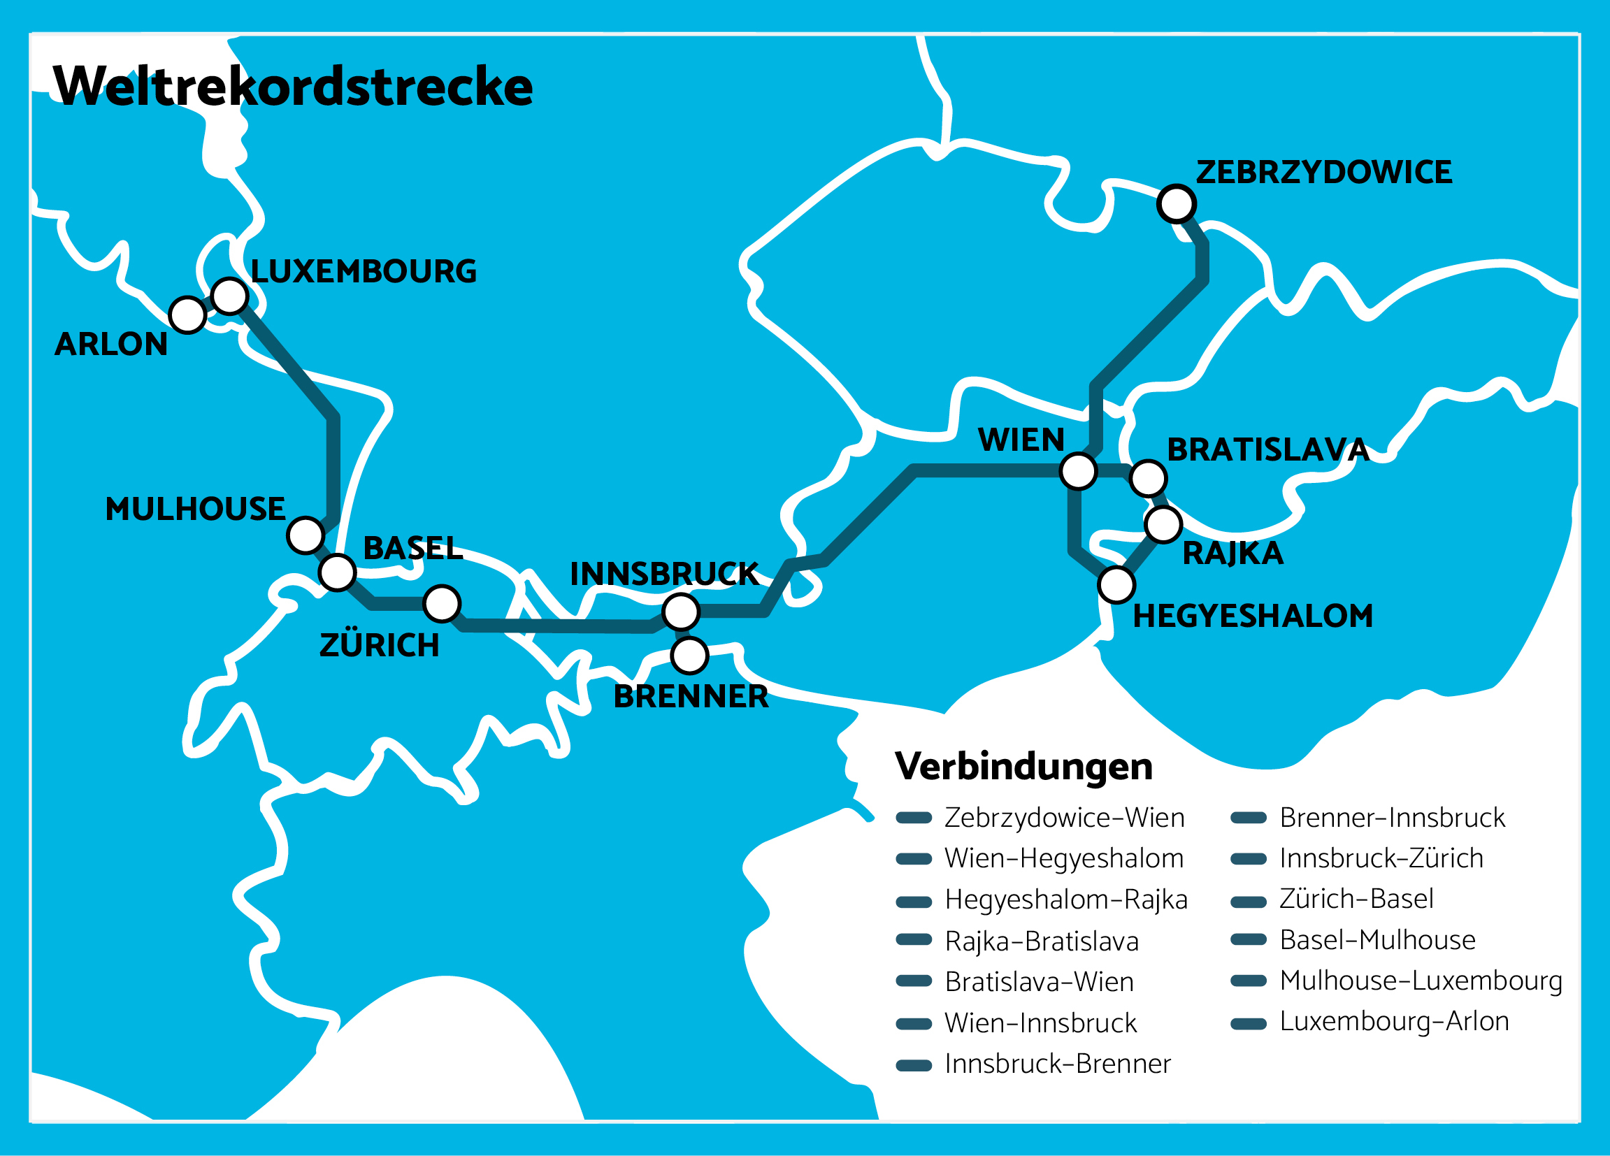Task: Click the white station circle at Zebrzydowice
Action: [1177, 203]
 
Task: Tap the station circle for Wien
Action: [1078, 470]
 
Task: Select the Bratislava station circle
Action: [1148, 477]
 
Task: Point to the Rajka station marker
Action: [1163, 524]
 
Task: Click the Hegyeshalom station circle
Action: [1116, 585]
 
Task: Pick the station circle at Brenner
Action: [689, 655]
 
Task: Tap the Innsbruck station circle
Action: [681, 612]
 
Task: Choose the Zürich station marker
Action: [442, 604]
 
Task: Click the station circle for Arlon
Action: [187, 315]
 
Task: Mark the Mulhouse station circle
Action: [306, 535]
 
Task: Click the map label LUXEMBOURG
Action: [364, 271]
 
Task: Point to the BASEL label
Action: [412, 548]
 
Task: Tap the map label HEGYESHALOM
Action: [1252, 615]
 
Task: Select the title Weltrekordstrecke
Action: [292, 86]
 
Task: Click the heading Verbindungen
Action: [1023, 766]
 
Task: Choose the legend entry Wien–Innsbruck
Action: [1040, 1023]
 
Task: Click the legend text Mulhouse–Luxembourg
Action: [1421, 981]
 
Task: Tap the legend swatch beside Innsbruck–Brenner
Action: [914, 1065]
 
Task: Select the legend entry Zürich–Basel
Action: [1356, 899]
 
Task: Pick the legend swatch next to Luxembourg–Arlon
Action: [1248, 1023]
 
